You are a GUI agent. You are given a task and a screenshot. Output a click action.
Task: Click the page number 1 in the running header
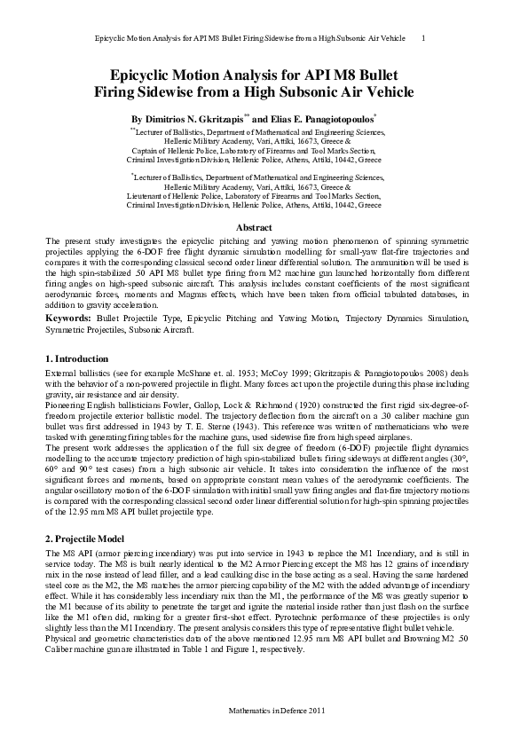422,38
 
